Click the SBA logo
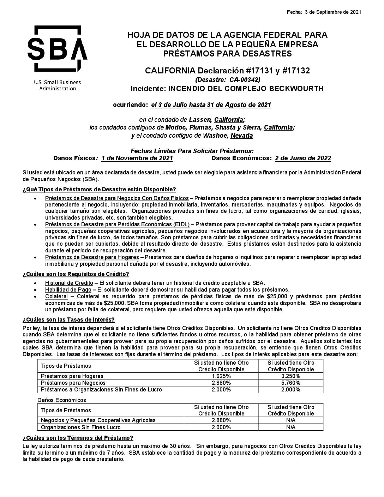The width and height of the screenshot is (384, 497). pyautogui.click(x=58, y=49)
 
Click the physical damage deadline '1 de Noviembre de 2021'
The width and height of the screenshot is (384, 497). pyautogui.click(x=137, y=158)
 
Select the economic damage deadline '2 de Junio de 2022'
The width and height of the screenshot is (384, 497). pyautogui.click(x=303, y=158)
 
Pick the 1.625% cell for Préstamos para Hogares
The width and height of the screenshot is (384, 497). pyautogui.click(x=221, y=376)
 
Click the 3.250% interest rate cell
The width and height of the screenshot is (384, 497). pyautogui.click(x=290, y=376)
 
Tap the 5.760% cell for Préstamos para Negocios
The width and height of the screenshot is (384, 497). pyautogui.click(x=290, y=383)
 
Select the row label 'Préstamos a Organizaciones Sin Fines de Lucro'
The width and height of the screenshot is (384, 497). pyautogui.click(x=101, y=390)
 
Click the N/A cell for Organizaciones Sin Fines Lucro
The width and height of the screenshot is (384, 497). pyautogui.click(x=290, y=427)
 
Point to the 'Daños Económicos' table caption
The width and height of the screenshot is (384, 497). pyautogui.click(x=62, y=400)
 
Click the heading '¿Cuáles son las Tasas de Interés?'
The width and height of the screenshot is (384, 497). pyautogui.click(x=68, y=320)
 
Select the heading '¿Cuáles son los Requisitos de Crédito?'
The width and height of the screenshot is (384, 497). pyautogui.click(x=76, y=274)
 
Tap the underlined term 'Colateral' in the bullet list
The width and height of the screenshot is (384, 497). pyautogui.click(x=56, y=297)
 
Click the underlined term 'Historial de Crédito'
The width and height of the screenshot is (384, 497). pyautogui.click(x=69, y=283)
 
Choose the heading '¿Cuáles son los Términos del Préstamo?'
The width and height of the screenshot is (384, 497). pyautogui.click(x=78, y=438)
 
